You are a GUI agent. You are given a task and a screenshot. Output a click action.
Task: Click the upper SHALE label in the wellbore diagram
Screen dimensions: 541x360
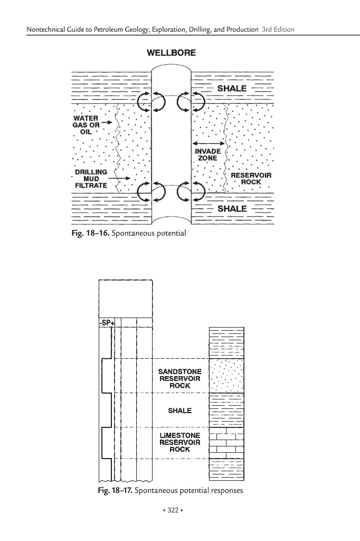[232, 88]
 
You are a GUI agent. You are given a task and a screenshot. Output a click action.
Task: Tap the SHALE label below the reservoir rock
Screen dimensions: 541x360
[232, 209]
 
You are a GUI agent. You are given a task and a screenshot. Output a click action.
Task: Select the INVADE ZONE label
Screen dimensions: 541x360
[208, 154]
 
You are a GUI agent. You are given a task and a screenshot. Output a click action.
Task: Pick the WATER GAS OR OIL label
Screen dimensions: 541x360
[86, 125]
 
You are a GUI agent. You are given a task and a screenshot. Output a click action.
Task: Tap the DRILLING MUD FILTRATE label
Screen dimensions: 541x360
[91, 179]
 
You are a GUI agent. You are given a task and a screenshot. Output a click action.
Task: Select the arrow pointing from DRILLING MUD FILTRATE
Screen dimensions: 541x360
[121, 179]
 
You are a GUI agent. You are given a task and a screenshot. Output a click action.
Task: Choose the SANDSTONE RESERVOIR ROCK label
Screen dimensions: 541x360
[179, 378]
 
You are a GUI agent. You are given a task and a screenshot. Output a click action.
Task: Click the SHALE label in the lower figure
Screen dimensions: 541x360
[179, 411]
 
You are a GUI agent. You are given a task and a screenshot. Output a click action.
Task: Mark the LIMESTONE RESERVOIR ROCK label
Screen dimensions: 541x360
[179, 442]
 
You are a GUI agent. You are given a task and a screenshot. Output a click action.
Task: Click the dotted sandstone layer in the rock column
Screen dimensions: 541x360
[227, 376]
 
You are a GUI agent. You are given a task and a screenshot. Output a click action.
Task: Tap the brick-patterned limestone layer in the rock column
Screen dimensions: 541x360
[227, 442]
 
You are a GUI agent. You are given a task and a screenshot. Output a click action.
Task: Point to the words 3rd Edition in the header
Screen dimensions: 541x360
[278, 29]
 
